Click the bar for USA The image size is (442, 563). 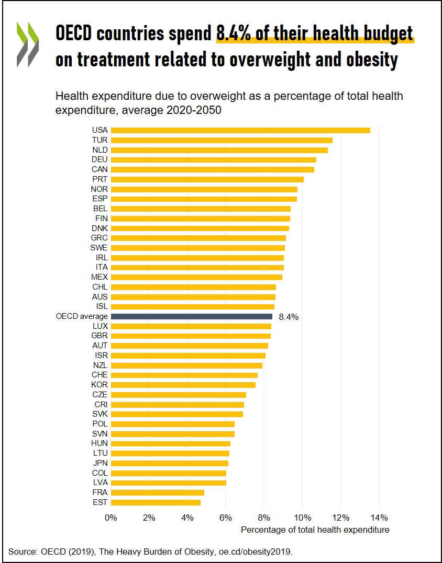[x=240, y=130]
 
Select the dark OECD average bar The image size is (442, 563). [x=192, y=316]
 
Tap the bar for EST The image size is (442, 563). [x=156, y=502]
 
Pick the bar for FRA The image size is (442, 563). [x=158, y=492]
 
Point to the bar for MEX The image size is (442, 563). [x=196, y=277]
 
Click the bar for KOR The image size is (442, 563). [x=183, y=385]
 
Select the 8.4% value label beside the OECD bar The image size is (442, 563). [x=289, y=317]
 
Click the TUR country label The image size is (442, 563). [x=100, y=140]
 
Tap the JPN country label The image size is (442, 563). [x=100, y=463]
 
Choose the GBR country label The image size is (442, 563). [x=100, y=336]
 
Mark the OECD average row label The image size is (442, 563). [x=82, y=316]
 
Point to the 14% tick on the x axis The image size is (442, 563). [x=379, y=518]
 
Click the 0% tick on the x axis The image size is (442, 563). [x=111, y=518]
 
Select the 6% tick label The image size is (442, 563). [x=226, y=518]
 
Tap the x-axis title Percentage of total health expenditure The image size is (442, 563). [x=315, y=530]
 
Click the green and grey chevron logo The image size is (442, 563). [x=27, y=44]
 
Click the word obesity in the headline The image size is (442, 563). [x=371, y=59]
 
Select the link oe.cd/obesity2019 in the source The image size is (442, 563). [x=257, y=551]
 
